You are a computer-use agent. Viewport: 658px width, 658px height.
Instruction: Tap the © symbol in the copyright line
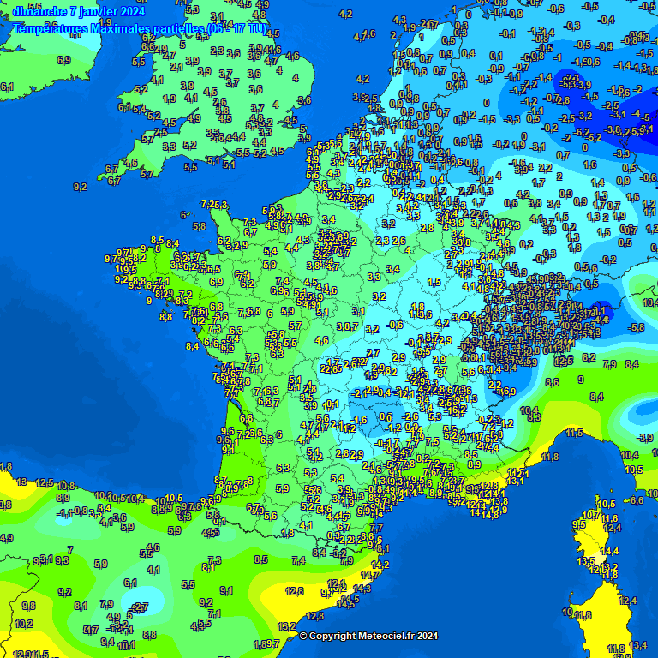pos(302,636)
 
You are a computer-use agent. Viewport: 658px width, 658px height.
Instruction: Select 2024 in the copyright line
pos(426,636)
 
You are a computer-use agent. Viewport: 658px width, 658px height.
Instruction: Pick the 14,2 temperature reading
pos(380,565)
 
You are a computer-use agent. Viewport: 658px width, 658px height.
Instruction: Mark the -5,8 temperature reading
pos(636,327)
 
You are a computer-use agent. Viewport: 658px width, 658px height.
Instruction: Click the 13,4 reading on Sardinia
pos(637,645)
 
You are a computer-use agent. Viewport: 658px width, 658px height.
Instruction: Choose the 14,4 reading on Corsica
pos(610,551)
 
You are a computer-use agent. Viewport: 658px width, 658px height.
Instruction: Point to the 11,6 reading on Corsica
pos(609,518)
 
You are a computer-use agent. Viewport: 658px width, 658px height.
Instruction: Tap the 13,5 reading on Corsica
pos(586,561)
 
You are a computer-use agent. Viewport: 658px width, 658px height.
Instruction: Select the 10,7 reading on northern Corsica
pos(591,515)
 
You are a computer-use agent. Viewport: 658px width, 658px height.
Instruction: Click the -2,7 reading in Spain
pos(140,607)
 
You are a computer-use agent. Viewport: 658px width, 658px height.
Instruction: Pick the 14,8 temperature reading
pos(490,514)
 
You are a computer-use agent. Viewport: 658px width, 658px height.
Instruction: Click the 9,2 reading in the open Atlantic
pos(81,187)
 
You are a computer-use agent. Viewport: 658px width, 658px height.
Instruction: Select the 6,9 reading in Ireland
pos(63,60)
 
